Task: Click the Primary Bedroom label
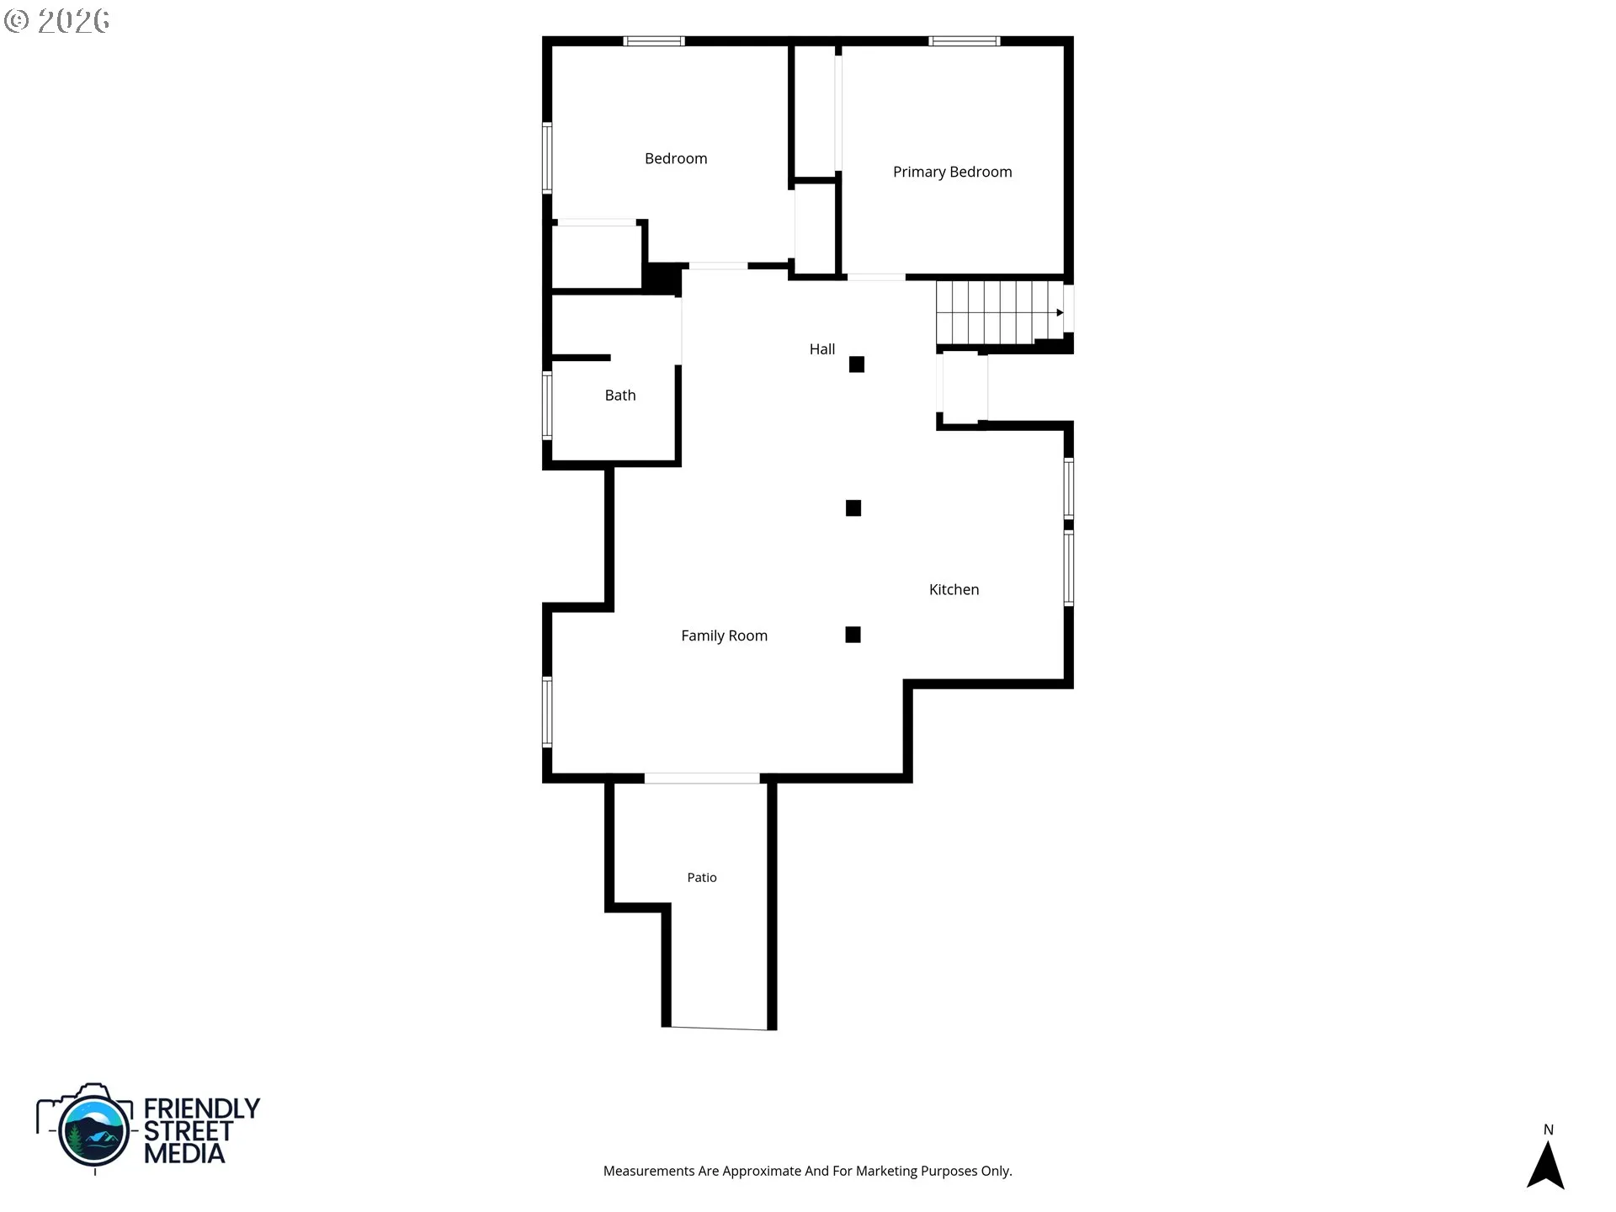tap(952, 172)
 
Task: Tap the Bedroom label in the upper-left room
tap(676, 158)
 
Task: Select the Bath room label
tap(620, 395)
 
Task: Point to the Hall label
tap(822, 348)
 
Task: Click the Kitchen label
tap(954, 589)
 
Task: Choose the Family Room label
tap(724, 635)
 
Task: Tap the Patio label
tap(702, 877)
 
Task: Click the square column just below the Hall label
tap(857, 364)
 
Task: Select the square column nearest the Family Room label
tap(853, 635)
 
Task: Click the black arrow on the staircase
tap(1060, 313)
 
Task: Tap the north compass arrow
tap(1545, 1165)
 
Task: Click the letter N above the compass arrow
tap(1548, 1130)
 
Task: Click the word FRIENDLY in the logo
tap(202, 1108)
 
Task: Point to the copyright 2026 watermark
tap(56, 21)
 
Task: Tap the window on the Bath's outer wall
tap(547, 406)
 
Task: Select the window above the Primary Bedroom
tap(965, 40)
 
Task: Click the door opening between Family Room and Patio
tap(702, 779)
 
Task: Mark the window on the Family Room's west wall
tap(547, 712)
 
